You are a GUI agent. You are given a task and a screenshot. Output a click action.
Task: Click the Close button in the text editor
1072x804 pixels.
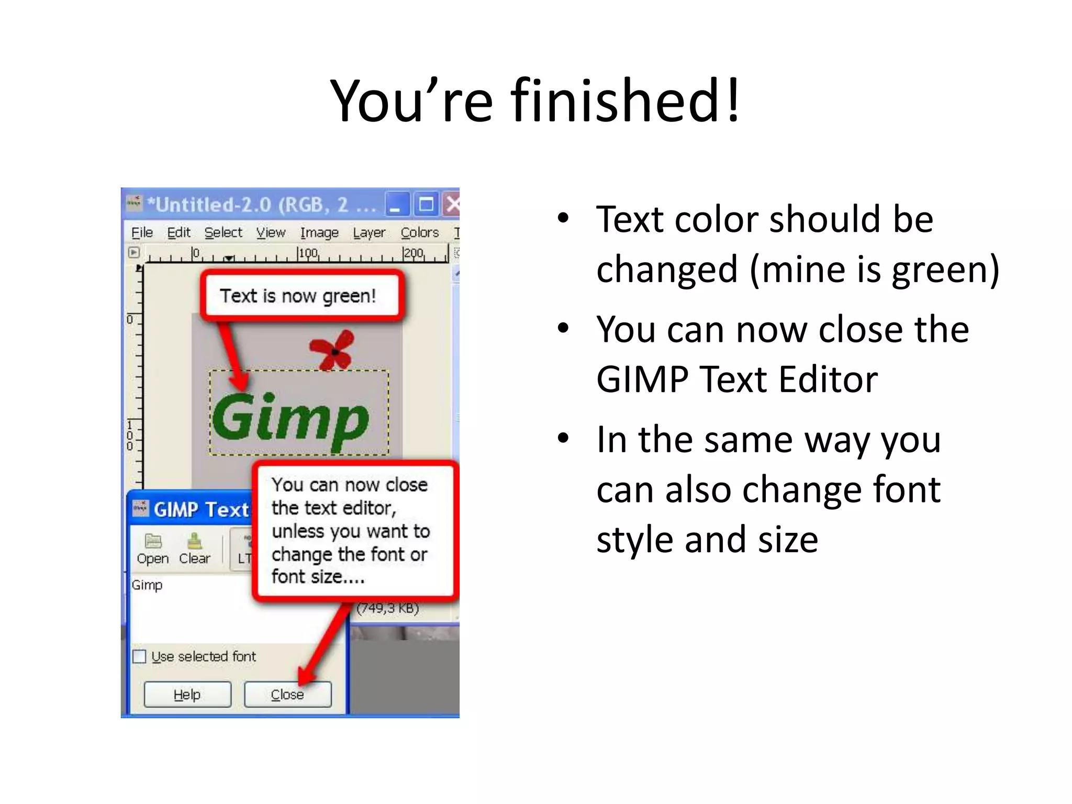click(x=287, y=695)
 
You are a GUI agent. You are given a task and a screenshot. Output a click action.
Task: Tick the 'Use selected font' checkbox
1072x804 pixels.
click(x=139, y=656)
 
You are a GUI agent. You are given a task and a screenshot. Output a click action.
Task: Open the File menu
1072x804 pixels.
click(x=142, y=232)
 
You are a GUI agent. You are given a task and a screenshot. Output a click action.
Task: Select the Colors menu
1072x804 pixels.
click(x=419, y=232)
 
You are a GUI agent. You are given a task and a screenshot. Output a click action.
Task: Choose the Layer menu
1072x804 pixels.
click(x=369, y=232)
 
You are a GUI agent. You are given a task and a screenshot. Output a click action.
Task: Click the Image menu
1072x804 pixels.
click(x=319, y=232)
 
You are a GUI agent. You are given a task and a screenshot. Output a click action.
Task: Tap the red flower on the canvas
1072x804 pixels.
click(x=332, y=350)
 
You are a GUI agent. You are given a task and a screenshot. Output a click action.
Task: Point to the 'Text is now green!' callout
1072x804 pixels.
click(x=298, y=296)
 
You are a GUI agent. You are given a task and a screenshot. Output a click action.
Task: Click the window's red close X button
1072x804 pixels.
click(x=452, y=204)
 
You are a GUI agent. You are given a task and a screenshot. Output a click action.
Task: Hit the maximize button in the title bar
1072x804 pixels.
click(x=426, y=204)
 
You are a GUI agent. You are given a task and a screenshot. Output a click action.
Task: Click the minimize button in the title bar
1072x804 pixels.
click(x=396, y=204)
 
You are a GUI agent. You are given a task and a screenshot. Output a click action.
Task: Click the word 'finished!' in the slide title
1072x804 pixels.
click(x=626, y=100)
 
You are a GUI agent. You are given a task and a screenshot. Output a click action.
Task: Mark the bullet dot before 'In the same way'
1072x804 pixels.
click(x=563, y=438)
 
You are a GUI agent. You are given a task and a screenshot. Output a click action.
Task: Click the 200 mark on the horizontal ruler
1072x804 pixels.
click(x=413, y=253)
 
